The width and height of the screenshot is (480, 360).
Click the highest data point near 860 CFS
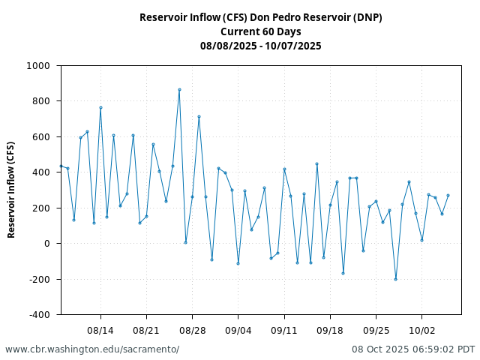tap(179, 89)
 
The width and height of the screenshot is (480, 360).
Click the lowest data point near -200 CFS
tap(395, 279)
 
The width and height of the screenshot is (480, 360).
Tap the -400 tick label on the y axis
tap(37, 315)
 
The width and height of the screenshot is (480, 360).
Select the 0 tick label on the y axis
tap(46, 244)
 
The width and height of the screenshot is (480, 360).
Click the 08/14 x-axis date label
tap(100, 330)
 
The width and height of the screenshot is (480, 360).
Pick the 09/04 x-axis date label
tap(238, 330)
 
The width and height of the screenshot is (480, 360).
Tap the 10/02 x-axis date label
tap(421, 330)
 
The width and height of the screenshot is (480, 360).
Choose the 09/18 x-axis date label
tap(330, 330)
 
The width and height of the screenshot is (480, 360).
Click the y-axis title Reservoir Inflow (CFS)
tap(12, 190)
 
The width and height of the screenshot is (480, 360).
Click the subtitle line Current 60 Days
tap(260, 31)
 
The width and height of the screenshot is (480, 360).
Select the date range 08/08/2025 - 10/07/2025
tap(260, 46)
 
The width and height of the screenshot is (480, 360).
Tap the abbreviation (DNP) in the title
tap(364, 17)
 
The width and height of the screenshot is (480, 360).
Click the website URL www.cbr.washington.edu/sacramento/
tap(92, 349)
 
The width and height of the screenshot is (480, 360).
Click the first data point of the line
tap(61, 166)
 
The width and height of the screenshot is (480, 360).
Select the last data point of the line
tap(448, 195)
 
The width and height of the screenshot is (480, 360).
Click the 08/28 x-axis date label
tap(192, 330)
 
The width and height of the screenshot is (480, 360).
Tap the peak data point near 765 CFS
tap(100, 107)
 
